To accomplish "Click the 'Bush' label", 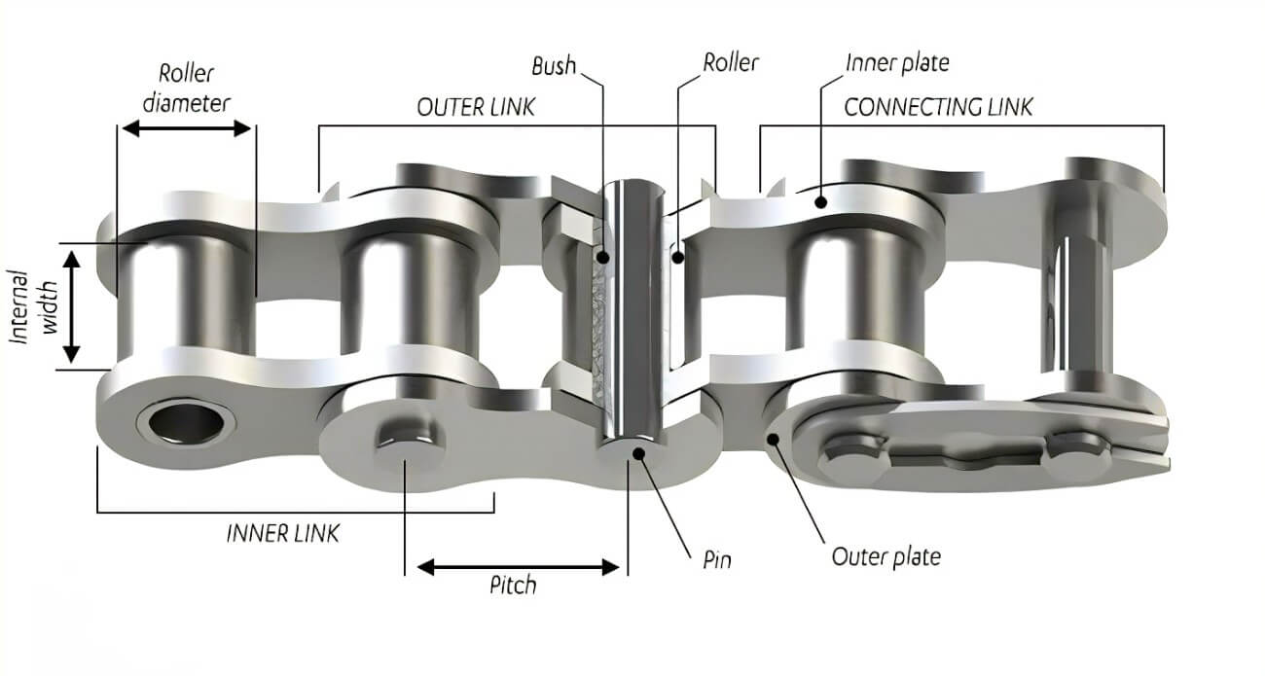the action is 554,66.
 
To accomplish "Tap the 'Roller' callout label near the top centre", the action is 730,62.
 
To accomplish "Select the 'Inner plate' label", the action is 897,63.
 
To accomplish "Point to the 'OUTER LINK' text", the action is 476,107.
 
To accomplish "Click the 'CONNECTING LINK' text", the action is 938,107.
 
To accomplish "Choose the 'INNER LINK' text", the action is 282,533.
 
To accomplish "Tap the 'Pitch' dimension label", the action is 513,586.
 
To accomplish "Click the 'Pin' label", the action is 716,559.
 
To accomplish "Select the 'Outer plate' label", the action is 886,557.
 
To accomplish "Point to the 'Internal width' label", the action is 34,307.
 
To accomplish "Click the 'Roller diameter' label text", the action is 186,89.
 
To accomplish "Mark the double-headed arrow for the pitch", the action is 518,567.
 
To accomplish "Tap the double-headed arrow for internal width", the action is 71,307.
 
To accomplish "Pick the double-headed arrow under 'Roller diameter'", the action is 187,128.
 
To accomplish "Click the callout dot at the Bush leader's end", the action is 603,258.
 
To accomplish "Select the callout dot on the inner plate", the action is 821,201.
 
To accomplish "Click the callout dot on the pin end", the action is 638,453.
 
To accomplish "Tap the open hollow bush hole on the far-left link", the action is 187,423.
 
